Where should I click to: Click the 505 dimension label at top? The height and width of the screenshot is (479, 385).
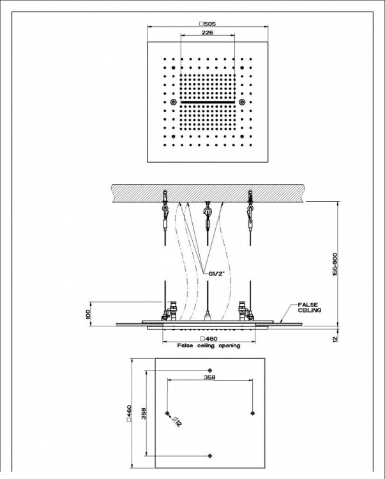[x=208, y=24]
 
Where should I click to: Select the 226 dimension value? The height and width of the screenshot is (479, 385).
[x=208, y=32]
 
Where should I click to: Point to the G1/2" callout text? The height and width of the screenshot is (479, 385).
[x=217, y=273]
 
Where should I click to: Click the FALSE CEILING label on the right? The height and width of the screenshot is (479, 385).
[x=310, y=307]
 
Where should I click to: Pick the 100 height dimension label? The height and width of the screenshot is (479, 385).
[x=88, y=314]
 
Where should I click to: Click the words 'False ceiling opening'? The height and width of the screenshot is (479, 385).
[x=209, y=346]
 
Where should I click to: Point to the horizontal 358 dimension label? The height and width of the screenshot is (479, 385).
[x=209, y=377]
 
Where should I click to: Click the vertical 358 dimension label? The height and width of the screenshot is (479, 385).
[x=144, y=414]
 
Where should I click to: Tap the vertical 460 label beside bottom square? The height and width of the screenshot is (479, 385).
[x=129, y=413]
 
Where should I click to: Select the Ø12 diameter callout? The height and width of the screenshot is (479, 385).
[x=176, y=422]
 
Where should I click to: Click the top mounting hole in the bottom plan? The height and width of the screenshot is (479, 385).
[x=210, y=370]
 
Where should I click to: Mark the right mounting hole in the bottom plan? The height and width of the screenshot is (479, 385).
[x=252, y=413]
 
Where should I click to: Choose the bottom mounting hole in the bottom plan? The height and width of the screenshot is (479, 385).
[x=210, y=456]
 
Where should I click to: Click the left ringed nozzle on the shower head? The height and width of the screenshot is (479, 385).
[x=174, y=102]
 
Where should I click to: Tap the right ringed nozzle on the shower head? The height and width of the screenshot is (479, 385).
[x=243, y=102]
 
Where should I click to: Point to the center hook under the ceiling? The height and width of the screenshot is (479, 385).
[x=208, y=211]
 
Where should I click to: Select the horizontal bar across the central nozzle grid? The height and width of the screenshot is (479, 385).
[x=208, y=102]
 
